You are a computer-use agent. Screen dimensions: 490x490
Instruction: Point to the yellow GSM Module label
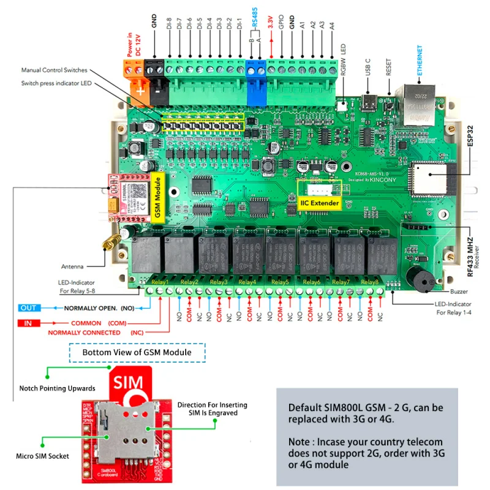click(x=157, y=197)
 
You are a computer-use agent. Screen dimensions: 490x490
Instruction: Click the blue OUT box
click(x=29, y=307)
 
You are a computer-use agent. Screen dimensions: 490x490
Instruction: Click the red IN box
click(x=29, y=323)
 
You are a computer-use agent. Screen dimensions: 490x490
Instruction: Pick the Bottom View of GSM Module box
click(x=137, y=352)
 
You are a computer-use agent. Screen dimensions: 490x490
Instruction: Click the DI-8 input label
click(x=170, y=28)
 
